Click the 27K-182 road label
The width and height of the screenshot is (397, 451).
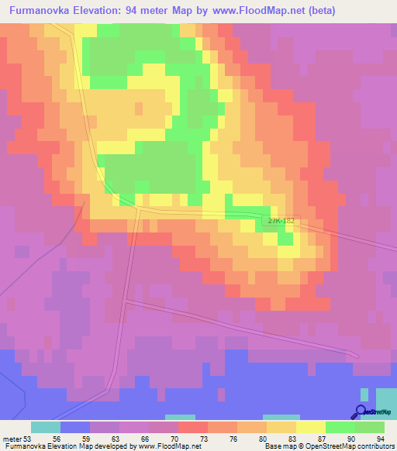click(x=281, y=222)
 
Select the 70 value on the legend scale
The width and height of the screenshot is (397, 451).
click(x=183, y=438)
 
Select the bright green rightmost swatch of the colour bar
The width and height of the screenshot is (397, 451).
click(x=370, y=427)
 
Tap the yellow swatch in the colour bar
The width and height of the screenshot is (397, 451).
click(x=310, y=427)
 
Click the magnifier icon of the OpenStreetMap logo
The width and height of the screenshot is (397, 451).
click(x=360, y=411)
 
